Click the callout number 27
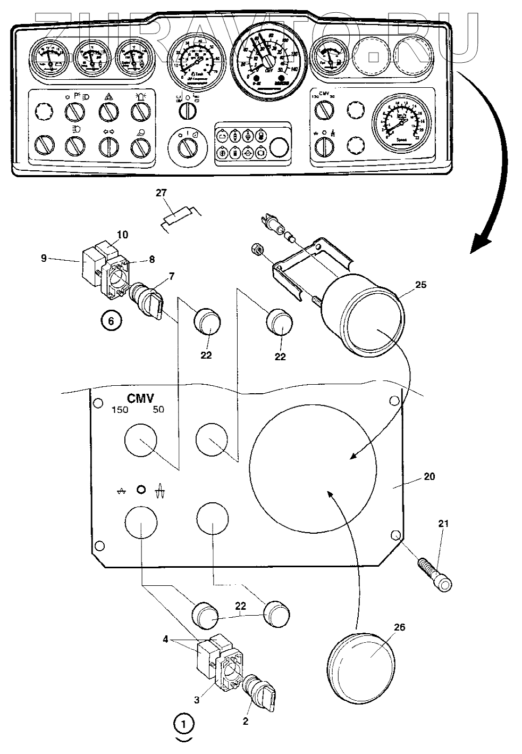point(161,193)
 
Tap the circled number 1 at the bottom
point(184,724)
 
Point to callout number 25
point(420,285)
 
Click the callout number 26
point(399,628)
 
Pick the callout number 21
point(443,524)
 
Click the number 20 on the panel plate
point(429,476)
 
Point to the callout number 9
point(45,259)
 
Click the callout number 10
point(122,235)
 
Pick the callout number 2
point(246,722)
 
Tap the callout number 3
point(197,700)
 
